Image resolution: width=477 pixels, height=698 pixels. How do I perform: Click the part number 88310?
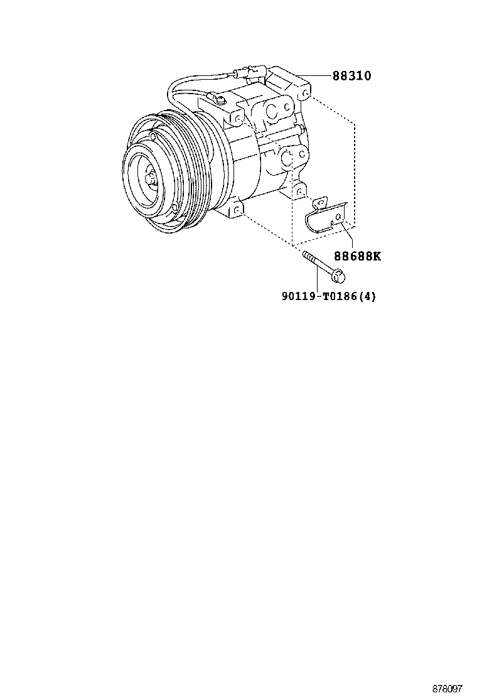click(351, 76)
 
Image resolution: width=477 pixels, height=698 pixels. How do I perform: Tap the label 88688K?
click(357, 256)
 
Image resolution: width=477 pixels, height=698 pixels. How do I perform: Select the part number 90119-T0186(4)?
click(328, 296)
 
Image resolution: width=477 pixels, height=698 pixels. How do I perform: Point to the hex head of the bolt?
click(339, 276)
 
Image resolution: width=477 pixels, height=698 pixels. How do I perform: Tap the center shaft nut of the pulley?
click(149, 178)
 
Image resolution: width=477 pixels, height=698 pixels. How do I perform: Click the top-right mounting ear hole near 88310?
click(304, 94)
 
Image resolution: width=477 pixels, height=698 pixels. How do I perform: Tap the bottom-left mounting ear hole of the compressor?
click(237, 209)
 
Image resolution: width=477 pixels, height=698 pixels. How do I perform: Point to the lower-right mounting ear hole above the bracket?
click(299, 191)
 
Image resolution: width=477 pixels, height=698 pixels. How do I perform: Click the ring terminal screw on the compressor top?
click(219, 97)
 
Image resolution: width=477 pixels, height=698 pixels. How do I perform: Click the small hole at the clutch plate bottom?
click(175, 207)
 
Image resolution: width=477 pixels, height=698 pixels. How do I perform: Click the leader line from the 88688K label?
click(347, 235)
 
